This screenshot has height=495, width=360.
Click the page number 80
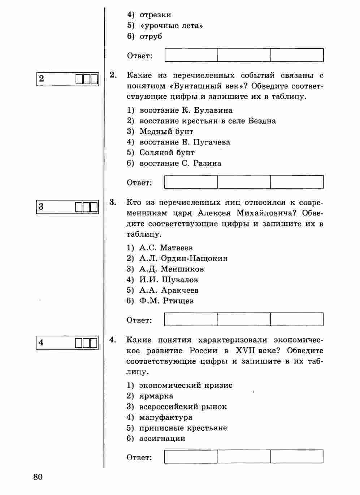(x=38, y=477)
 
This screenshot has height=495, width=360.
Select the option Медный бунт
(x=166, y=132)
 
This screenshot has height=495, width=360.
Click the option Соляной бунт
(x=167, y=152)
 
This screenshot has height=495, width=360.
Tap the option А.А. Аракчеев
(x=169, y=290)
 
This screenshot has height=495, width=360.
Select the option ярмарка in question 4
(x=156, y=396)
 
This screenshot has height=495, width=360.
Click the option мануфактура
(x=166, y=417)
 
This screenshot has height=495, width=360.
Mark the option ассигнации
(x=162, y=438)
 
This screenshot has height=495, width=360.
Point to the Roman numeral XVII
(x=245, y=350)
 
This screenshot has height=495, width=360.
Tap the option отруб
(x=151, y=36)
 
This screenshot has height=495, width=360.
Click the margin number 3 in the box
(x=41, y=207)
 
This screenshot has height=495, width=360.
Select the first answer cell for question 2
(x=191, y=182)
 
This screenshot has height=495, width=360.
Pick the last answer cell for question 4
(x=296, y=456)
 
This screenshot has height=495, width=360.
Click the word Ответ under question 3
(x=139, y=320)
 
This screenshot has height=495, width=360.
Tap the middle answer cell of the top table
(x=244, y=55)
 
